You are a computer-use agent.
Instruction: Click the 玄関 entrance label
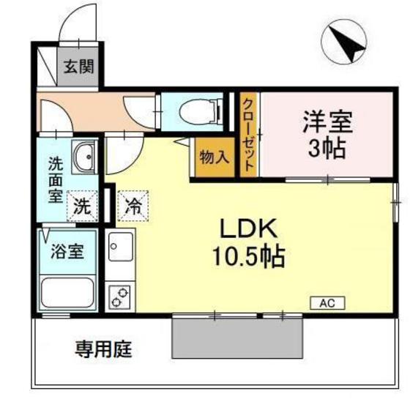coord(77,67)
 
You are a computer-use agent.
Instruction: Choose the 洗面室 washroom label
coord(56,179)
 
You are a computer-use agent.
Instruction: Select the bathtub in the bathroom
coord(68,294)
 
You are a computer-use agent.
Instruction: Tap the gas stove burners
coord(120,296)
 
